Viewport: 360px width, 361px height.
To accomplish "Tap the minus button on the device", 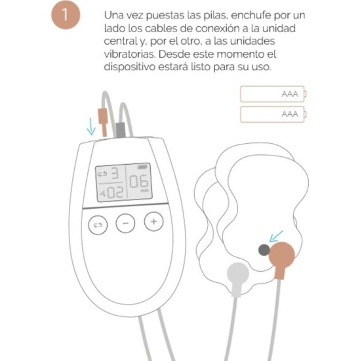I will [125, 223].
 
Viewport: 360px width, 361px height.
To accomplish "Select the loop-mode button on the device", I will [98, 224].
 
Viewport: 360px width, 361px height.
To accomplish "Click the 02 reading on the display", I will [113, 193].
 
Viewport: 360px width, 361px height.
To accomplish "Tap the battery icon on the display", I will [143, 168].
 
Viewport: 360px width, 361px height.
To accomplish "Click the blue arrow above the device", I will [91, 124].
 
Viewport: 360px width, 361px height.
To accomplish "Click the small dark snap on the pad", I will [263, 249].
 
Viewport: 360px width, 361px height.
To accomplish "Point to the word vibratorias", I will [130, 54].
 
